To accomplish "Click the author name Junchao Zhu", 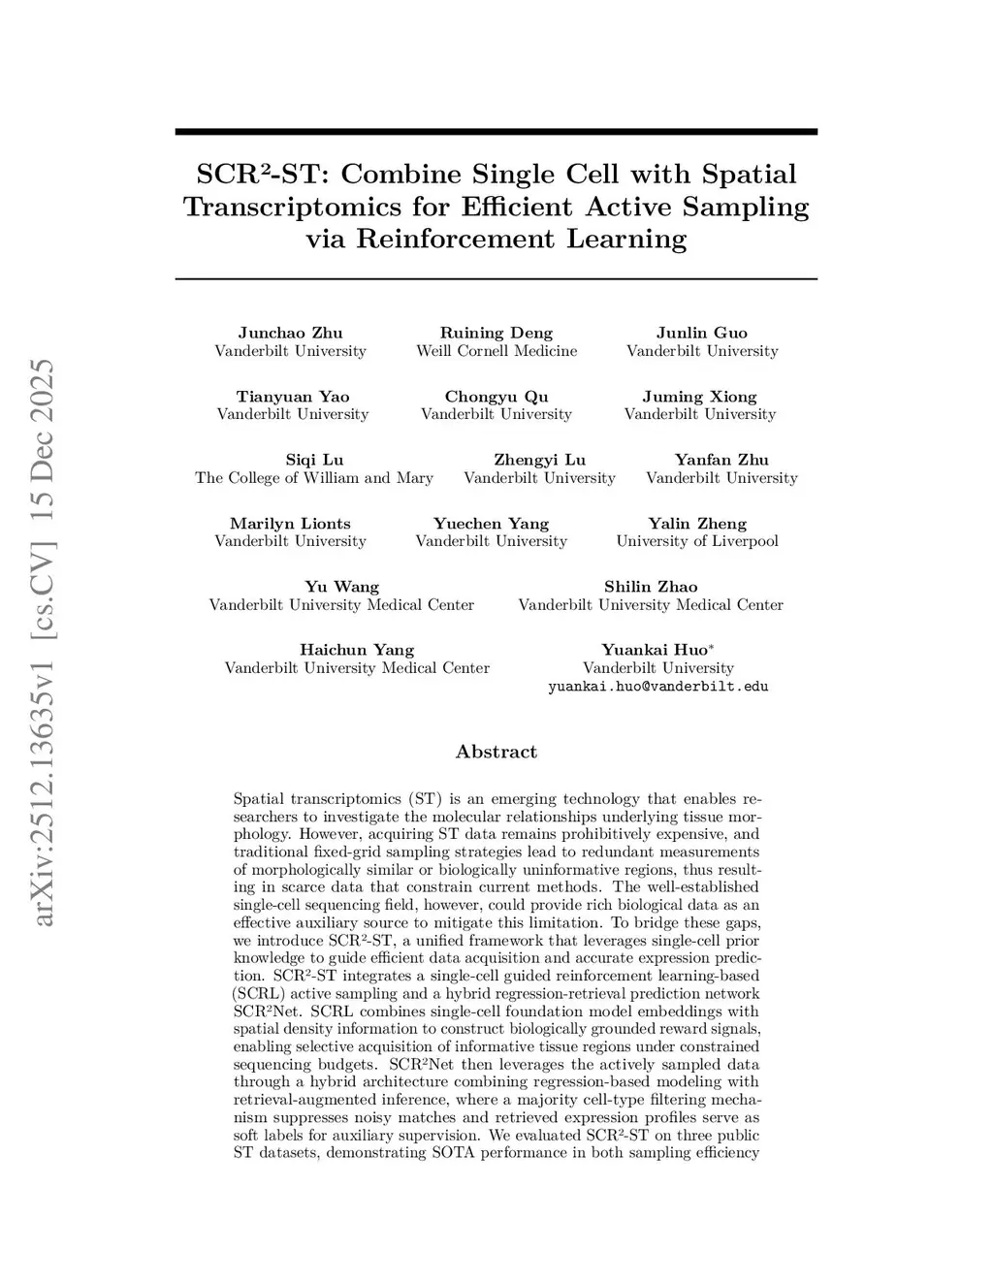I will click(290, 333).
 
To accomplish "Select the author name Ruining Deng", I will click(496, 333).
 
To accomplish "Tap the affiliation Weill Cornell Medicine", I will click(496, 351).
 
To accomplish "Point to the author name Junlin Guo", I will click(701, 333).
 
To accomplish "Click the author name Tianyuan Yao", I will click(292, 397).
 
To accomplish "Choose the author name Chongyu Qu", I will click(496, 397).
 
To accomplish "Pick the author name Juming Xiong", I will click(699, 397).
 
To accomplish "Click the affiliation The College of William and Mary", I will click(313, 478).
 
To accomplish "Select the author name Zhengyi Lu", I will click(539, 460).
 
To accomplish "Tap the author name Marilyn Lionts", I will click(290, 524).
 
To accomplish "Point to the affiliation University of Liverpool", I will click(696, 541).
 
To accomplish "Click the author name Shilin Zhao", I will click(650, 587).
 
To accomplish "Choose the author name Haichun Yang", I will click(356, 650).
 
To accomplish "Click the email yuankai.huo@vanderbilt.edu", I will click(657, 687).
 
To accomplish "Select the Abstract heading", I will click(496, 752).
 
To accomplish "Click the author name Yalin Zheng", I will click(696, 524).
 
